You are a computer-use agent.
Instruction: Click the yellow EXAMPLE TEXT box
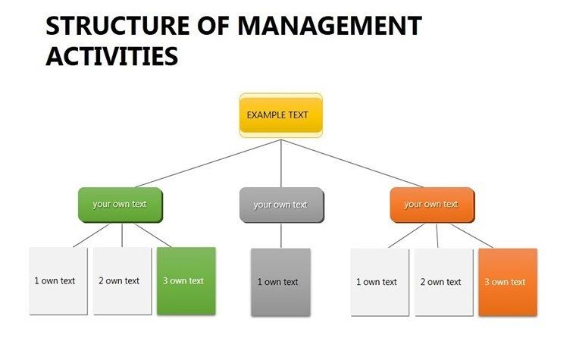pyautogui.click(x=280, y=115)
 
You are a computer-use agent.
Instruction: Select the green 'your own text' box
pyautogui.click(x=120, y=205)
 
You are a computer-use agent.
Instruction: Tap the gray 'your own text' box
pyautogui.click(x=280, y=205)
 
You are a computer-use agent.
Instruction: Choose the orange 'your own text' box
pyautogui.click(x=431, y=205)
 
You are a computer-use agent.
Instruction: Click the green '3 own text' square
pyautogui.click(x=186, y=280)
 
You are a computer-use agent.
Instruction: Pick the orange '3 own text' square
pyautogui.click(x=507, y=282)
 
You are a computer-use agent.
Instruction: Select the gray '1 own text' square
pyautogui.click(x=280, y=282)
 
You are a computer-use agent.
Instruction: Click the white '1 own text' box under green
pyautogui.click(x=58, y=280)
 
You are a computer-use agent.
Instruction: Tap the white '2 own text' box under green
pyautogui.click(x=122, y=280)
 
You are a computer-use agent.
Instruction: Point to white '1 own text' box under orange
pyautogui.click(x=379, y=282)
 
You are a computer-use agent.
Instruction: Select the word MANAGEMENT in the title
pyautogui.click(x=329, y=27)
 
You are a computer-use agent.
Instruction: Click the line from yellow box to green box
pyautogui.click(x=205, y=163)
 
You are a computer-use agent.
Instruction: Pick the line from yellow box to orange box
pyautogui.click(x=352, y=163)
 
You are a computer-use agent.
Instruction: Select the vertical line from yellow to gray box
pyautogui.click(x=281, y=163)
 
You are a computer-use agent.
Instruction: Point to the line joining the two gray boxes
pyautogui.click(x=281, y=236)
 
